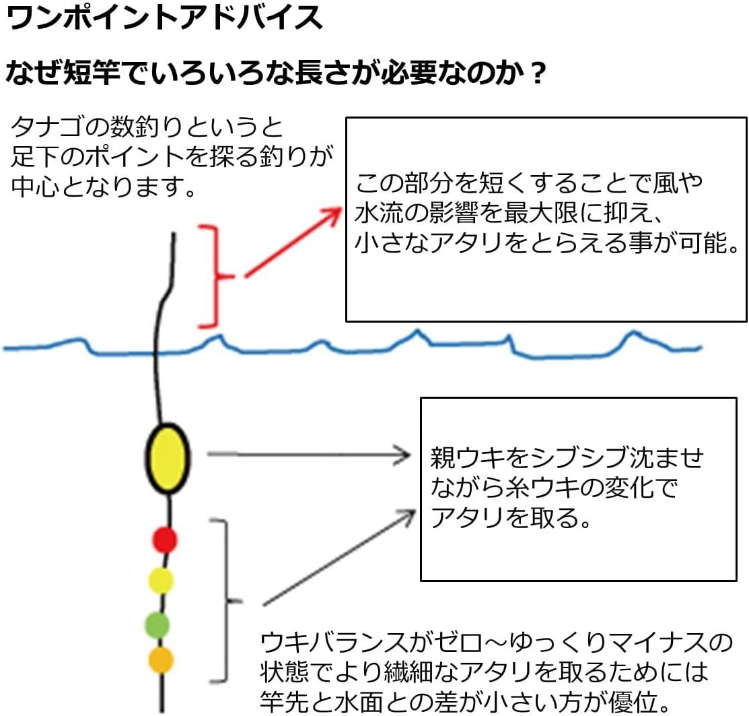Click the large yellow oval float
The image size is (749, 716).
tap(168, 458)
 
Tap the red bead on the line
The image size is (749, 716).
tap(165, 540)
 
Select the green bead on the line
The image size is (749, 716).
tap(157, 624)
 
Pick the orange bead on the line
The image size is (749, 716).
tap(161, 660)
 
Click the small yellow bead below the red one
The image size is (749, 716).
tap(161, 581)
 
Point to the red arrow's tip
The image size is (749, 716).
tap(341, 209)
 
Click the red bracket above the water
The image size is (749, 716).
tap(217, 276)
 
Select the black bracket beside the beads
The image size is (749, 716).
tap(225, 600)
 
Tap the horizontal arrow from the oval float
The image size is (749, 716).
tap(309, 454)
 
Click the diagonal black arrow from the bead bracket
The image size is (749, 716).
tap(339, 558)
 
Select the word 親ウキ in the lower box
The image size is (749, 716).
tap(468, 458)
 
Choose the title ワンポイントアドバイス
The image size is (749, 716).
tap(165, 18)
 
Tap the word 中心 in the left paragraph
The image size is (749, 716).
tap(36, 186)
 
